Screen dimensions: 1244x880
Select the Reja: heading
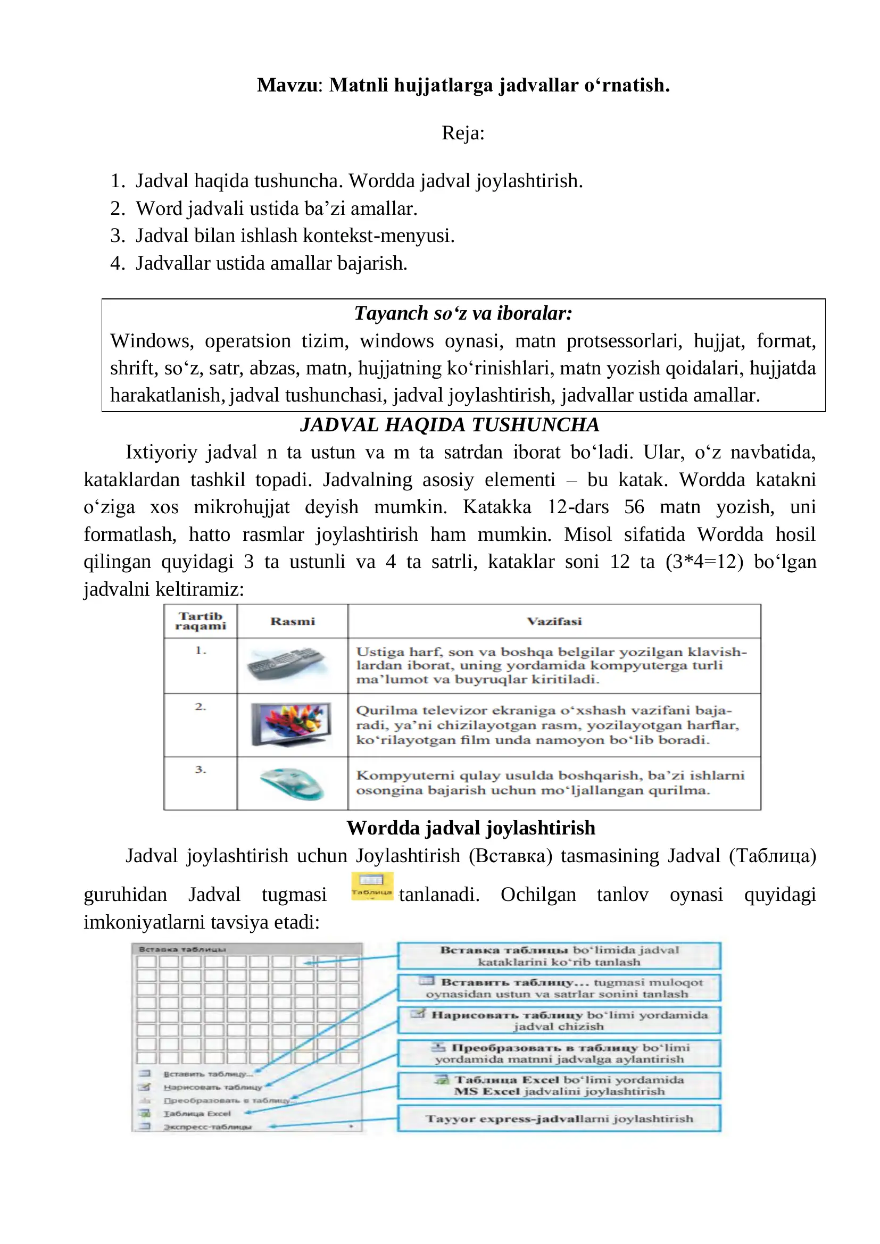click(x=463, y=133)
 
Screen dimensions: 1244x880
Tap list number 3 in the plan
click(x=118, y=236)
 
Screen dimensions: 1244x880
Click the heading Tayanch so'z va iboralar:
click(x=463, y=313)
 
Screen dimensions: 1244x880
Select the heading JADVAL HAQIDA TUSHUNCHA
click(x=450, y=424)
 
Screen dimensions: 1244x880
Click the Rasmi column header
click(x=293, y=621)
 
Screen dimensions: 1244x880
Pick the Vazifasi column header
click(x=554, y=621)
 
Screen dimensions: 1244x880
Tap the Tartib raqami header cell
click(x=201, y=621)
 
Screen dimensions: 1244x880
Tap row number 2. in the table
click(x=201, y=706)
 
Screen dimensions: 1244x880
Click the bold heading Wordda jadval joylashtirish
click(x=471, y=828)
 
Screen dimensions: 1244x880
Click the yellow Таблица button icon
click(x=372, y=887)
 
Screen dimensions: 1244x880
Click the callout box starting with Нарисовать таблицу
click(x=559, y=1020)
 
